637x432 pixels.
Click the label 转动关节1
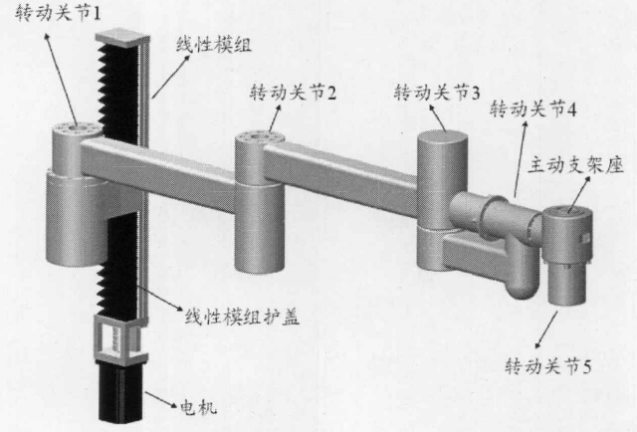(x=46, y=14)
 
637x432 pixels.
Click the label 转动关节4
(x=533, y=108)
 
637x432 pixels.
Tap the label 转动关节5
(x=550, y=364)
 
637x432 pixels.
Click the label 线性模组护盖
(x=239, y=319)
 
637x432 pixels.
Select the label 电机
(x=196, y=408)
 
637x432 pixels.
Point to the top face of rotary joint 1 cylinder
(x=76, y=129)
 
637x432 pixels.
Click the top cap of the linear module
(x=121, y=37)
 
